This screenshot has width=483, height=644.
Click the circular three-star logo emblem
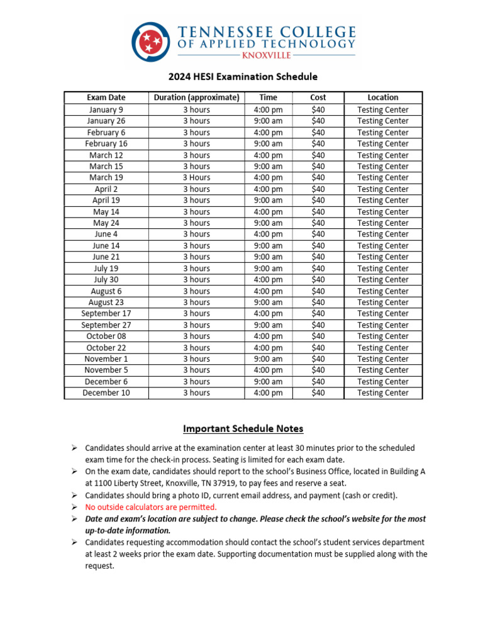[x=151, y=42]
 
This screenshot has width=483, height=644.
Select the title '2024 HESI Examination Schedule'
[x=243, y=77]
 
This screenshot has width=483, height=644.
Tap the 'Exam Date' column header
[x=106, y=97]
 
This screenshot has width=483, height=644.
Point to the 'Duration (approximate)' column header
[x=196, y=97]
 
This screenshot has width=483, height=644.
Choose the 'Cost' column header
[x=318, y=97]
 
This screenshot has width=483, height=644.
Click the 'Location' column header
[x=382, y=97]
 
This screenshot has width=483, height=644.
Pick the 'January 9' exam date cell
[x=106, y=109]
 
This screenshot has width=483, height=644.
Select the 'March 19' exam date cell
[x=106, y=177]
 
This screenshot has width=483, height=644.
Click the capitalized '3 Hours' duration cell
[x=196, y=177]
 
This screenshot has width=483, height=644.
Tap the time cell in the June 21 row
[x=268, y=257]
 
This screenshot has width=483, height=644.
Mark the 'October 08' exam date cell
[x=106, y=336]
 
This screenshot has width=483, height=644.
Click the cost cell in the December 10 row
[x=318, y=392]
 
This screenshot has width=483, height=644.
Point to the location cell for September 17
[x=382, y=313]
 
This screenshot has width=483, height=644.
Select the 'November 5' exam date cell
[x=106, y=370]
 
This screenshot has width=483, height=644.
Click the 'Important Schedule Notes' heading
[x=243, y=429]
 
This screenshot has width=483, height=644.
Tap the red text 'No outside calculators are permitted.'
[x=151, y=507]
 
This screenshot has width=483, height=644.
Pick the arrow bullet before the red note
[x=74, y=507]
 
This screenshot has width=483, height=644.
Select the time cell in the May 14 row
[x=268, y=212]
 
